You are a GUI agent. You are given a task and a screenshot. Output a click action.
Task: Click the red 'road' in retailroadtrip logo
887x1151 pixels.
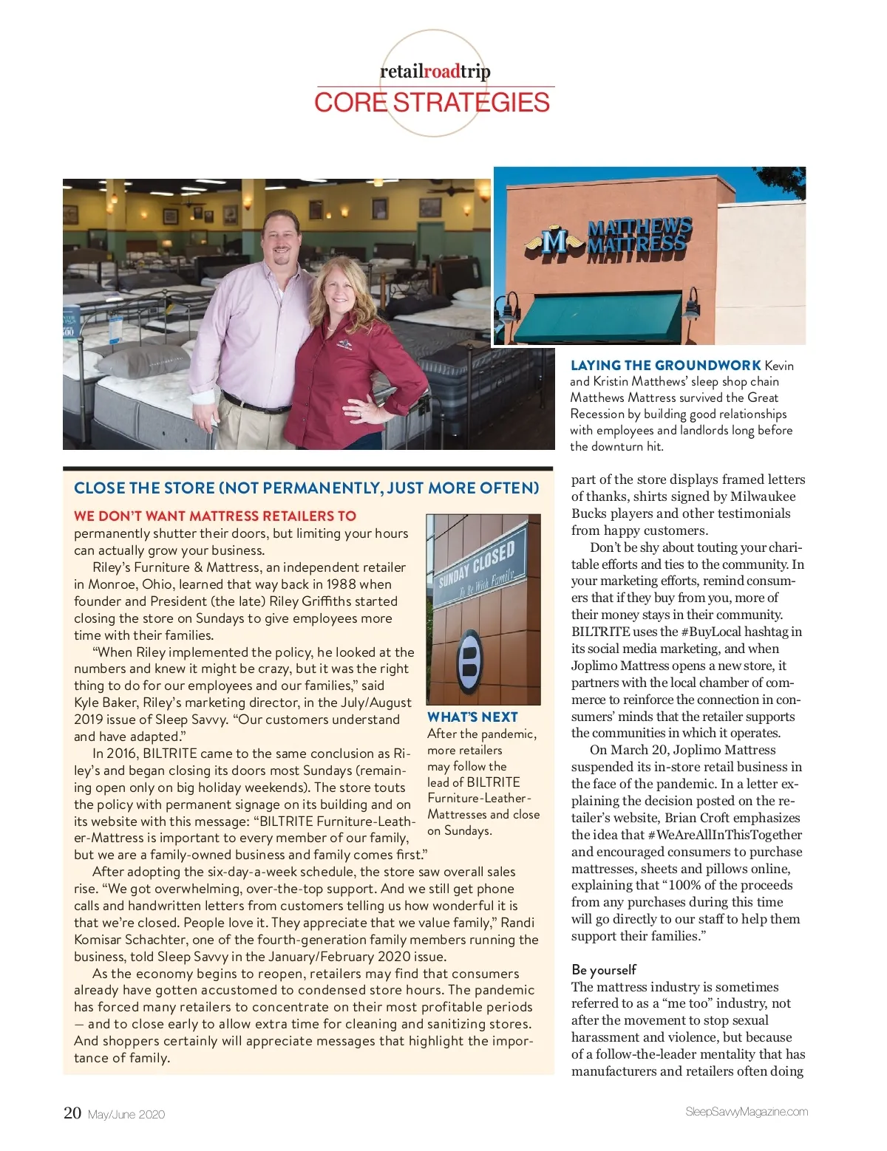[x=441, y=72]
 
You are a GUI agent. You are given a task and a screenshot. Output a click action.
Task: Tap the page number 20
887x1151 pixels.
[x=72, y=1113]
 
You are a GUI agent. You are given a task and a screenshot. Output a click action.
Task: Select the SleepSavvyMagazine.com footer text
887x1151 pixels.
[x=746, y=1112]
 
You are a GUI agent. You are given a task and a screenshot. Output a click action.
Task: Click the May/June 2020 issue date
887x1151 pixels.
[x=126, y=1114]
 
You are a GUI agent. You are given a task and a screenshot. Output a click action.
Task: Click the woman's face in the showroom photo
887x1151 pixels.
[x=340, y=293]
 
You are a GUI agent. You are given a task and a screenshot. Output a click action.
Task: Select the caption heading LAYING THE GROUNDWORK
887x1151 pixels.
[x=665, y=366]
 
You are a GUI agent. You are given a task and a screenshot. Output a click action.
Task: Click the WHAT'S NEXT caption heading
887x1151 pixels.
[x=472, y=717]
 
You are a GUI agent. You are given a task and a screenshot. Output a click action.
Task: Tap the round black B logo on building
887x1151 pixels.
[x=469, y=660]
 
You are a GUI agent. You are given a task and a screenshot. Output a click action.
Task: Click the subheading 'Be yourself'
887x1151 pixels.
[x=603, y=969]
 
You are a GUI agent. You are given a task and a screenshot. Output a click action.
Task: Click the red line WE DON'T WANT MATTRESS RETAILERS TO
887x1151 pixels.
[x=215, y=516]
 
